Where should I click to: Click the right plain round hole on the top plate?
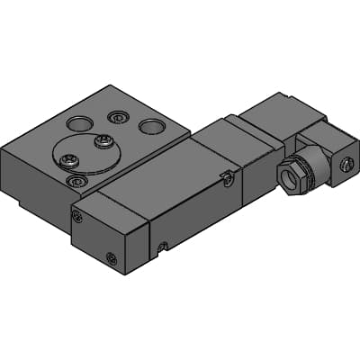(150, 126)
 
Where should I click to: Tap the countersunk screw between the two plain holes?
(116, 117)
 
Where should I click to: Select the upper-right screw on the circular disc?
(105, 141)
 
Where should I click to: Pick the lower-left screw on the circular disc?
(66, 161)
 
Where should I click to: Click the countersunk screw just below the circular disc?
(75, 181)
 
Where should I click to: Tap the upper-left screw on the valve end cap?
(78, 216)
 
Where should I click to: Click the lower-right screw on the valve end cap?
(111, 259)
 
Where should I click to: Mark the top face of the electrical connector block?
(281, 112)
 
